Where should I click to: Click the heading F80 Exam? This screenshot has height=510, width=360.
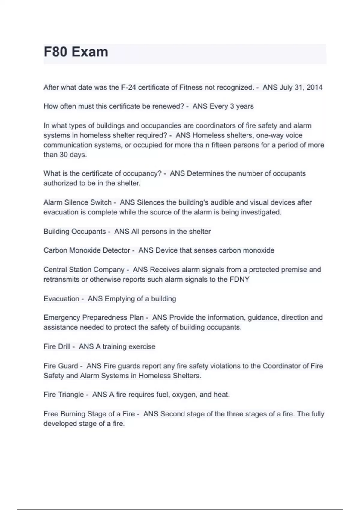click(76, 52)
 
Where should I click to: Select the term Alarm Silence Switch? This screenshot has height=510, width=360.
click(77, 202)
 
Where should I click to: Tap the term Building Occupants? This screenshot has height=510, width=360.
click(75, 232)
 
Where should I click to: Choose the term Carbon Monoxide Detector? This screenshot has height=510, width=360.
click(87, 250)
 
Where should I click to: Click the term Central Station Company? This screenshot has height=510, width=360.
click(84, 270)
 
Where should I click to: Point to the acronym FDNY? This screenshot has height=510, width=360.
click(239, 279)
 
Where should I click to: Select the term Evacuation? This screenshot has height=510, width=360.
click(61, 299)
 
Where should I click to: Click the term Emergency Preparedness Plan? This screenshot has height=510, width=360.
click(94, 317)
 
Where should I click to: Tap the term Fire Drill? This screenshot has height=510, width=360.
click(57, 346)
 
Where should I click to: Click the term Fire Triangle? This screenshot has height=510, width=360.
click(64, 394)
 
